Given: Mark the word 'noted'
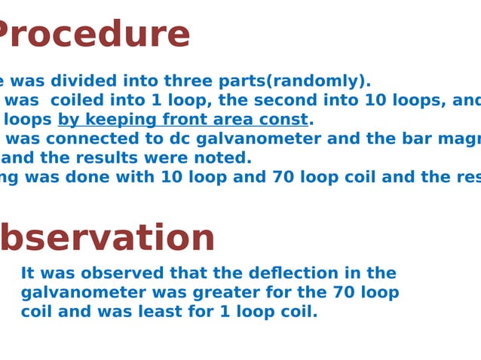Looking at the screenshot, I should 225,158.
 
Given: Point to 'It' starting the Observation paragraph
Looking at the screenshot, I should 28,273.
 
